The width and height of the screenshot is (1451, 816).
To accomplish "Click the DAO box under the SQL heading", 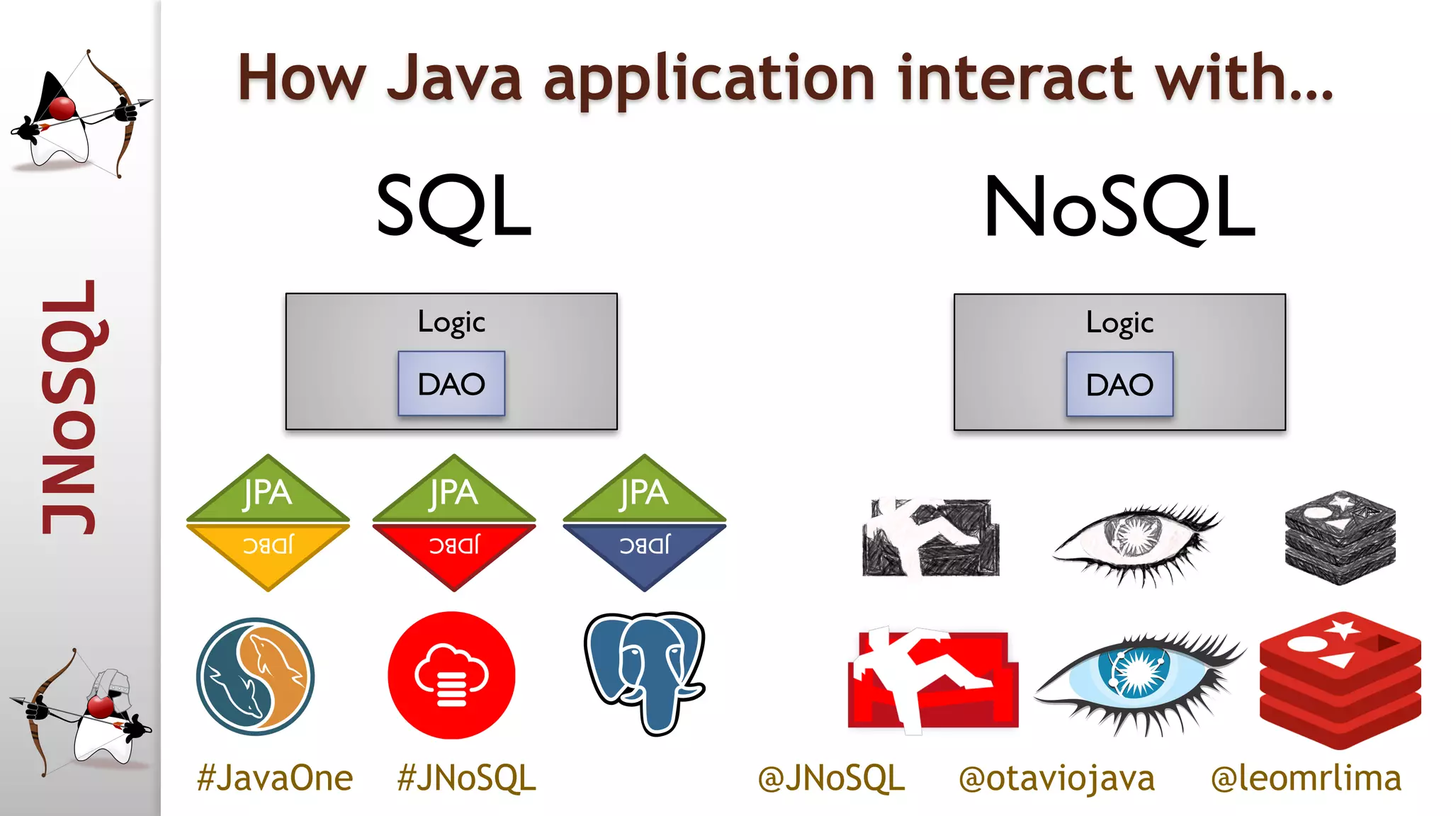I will [x=451, y=383].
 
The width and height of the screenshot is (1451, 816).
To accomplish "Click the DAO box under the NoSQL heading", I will [x=1119, y=384].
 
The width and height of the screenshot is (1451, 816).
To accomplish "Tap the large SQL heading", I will [x=453, y=206].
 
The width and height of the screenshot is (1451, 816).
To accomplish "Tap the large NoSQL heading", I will [x=1119, y=206].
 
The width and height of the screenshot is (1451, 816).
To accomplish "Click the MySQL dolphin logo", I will [x=255, y=676].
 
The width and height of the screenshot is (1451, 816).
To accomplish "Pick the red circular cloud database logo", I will [x=451, y=675].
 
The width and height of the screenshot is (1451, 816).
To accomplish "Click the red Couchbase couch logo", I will [x=932, y=680].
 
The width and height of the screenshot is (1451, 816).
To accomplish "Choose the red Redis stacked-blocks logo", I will [x=1340, y=680].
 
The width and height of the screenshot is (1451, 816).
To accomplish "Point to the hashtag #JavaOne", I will [x=275, y=778].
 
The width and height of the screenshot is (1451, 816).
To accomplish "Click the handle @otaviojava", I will [x=1056, y=778].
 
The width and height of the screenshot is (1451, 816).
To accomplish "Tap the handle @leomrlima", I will [x=1306, y=778].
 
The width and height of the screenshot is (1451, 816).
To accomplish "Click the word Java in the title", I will [x=454, y=78].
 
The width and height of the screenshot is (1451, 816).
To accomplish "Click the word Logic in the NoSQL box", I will [x=1119, y=323].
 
